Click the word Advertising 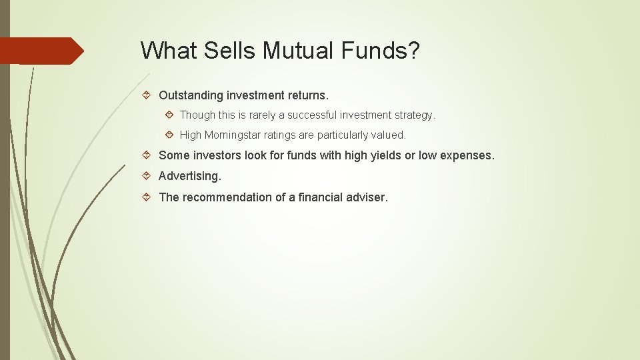pyautogui.click(x=189, y=176)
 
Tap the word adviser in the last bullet pyautogui.click(x=366, y=197)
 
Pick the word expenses pyautogui.click(x=466, y=155)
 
